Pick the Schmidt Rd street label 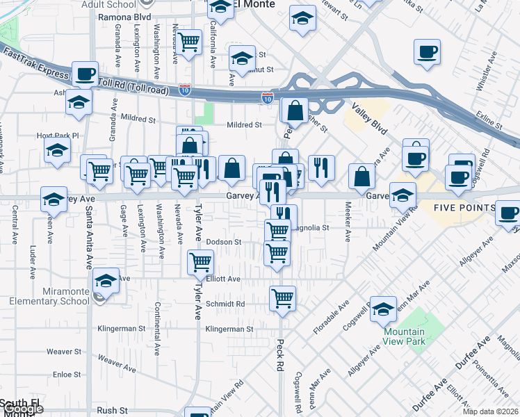[x=225, y=304]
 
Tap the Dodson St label [x=223, y=242]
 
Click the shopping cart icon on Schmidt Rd [x=282, y=299]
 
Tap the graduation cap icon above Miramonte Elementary [x=105, y=280]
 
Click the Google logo [x=22, y=408]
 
